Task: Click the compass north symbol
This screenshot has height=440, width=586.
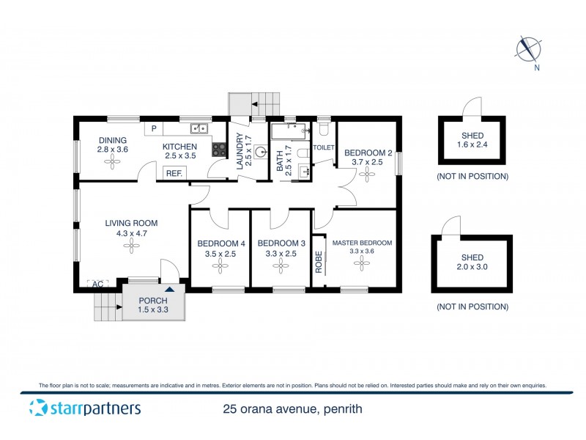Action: (527, 50)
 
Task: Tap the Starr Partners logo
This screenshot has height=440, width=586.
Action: (84, 408)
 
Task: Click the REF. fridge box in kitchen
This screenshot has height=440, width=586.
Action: (174, 173)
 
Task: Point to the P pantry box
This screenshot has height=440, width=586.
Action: (154, 129)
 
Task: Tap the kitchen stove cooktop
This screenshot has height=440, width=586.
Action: (219, 149)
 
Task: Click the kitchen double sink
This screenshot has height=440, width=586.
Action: (199, 129)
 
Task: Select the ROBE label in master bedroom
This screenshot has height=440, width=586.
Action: (319, 262)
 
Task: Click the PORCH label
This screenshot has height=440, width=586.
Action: (152, 301)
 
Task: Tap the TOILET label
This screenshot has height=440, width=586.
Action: (323, 147)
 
